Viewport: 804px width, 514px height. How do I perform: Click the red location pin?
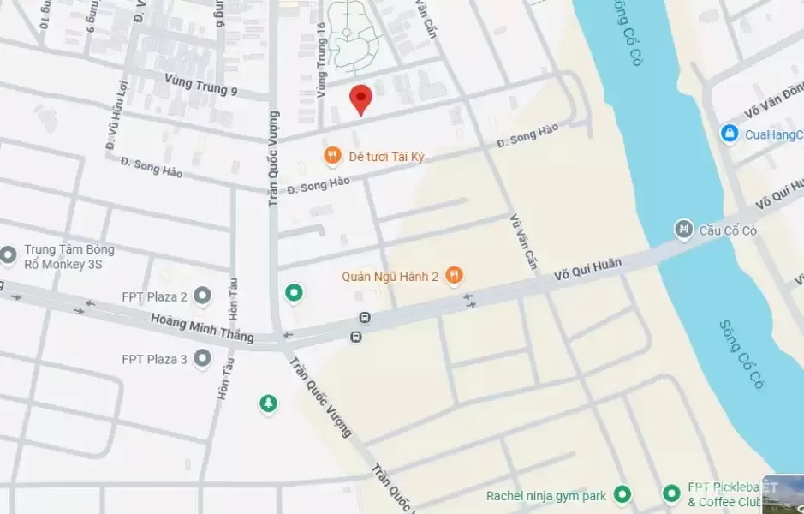[361, 99]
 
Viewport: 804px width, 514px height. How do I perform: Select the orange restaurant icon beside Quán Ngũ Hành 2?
[455, 276]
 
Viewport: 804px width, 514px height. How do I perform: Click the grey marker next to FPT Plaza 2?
[203, 296]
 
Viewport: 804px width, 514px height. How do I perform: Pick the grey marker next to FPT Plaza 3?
[203, 358]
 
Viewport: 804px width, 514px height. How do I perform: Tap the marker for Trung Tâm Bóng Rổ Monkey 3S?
[9, 254]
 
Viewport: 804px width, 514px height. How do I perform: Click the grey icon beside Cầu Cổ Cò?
[683, 230]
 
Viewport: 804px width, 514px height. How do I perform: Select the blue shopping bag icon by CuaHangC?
[729, 134]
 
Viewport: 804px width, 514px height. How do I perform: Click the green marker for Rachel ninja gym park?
[622, 494]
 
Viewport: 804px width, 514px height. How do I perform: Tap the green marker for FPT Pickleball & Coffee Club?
[672, 494]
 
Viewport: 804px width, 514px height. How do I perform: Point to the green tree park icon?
[269, 403]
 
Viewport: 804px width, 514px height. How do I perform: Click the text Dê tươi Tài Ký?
[386, 157]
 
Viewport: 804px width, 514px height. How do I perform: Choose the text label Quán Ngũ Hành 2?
[390, 276]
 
